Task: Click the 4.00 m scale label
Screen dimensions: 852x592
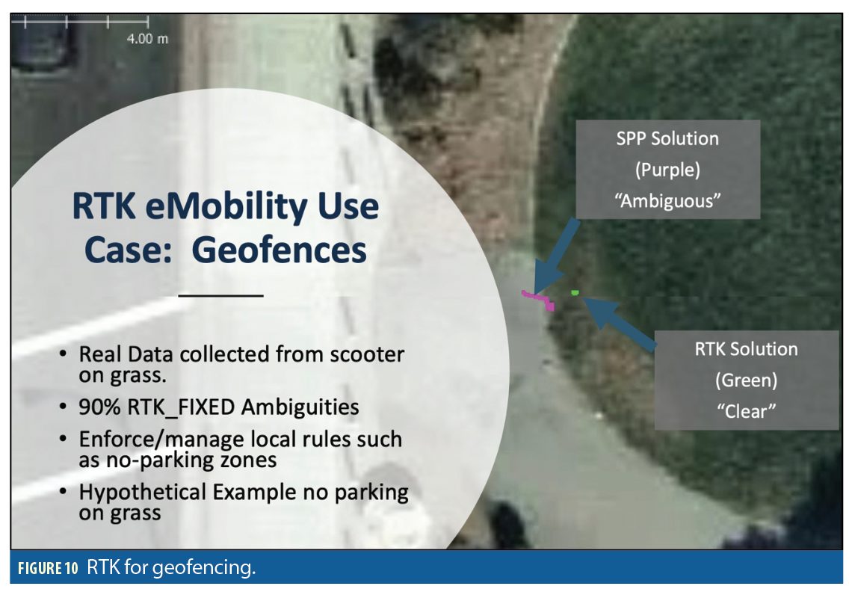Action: pyautogui.click(x=147, y=39)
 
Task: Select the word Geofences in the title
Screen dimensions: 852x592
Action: pyautogui.click(x=279, y=250)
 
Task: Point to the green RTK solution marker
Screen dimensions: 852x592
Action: pyautogui.click(x=575, y=293)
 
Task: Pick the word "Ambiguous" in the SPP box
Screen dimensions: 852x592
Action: pyautogui.click(x=667, y=201)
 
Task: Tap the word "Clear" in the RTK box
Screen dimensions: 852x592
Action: pyautogui.click(x=746, y=411)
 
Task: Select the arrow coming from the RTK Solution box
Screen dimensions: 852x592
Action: pyautogui.click(x=620, y=322)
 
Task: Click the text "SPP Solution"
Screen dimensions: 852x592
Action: pyautogui.click(x=667, y=138)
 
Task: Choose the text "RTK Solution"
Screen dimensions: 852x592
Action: pyautogui.click(x=746, y=349)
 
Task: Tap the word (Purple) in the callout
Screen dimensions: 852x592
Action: pyautogui.click(x=667, y=170)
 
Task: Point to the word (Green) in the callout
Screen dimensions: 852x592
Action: pyautogui.click(x=746, y=380)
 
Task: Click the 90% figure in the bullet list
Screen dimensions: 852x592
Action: pyautogui.click(x=99, y=407)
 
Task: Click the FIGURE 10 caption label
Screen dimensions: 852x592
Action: pyautogui.click(x=48, y=569)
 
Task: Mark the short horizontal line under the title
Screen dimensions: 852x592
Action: pyautogui.click(x=220, y=296)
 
